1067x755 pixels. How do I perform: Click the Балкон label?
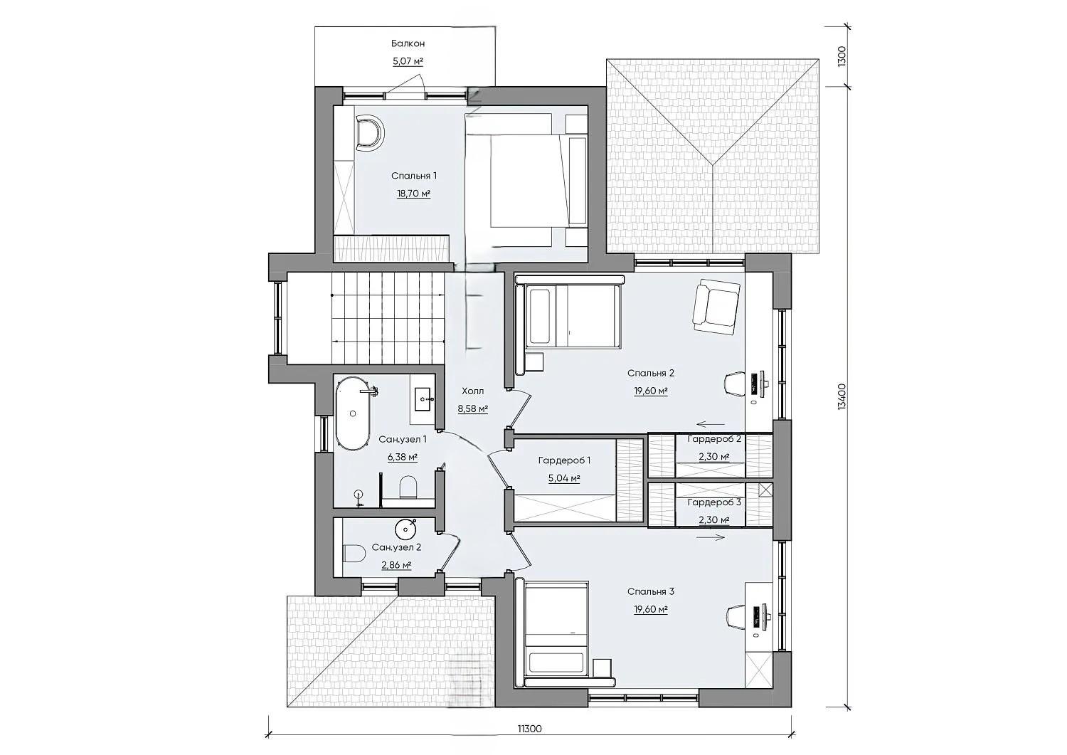click(408, 43)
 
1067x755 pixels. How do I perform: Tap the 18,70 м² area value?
click(413, 194)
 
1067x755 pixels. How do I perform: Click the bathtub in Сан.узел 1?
click(353, 413)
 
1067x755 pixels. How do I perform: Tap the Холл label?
click(472, 391)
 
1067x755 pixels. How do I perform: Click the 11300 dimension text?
click(529, 742)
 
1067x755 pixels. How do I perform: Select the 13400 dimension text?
click(842, 396)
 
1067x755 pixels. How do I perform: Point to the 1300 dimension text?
click(842, 56)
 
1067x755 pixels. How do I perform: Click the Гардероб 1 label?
click(565, 460)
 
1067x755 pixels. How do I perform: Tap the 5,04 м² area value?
click(565, 478)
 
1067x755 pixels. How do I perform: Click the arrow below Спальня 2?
click(710, 423)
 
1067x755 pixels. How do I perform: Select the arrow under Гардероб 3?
click(710, 537)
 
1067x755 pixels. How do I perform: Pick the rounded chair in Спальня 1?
click(369, 133)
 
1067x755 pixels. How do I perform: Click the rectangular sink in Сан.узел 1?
click(423, 399)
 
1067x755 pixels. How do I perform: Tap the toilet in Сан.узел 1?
click(409, 487)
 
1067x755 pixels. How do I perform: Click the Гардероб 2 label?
click(714, 439)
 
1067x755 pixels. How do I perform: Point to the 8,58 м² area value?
click(472, 409)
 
